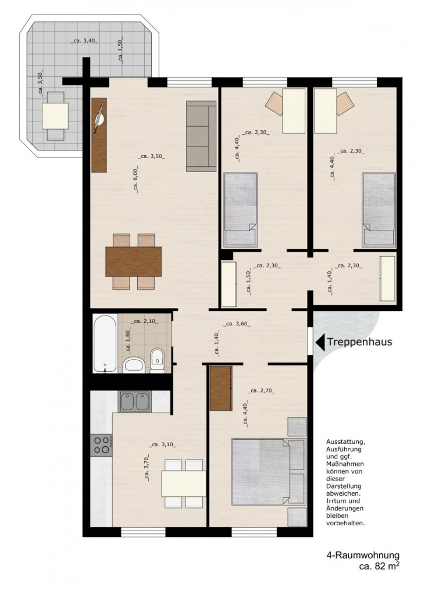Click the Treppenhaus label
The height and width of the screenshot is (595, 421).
359,342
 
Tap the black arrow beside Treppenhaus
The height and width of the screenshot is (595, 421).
320,342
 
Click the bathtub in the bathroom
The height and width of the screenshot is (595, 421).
105,343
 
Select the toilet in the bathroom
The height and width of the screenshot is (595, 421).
157,360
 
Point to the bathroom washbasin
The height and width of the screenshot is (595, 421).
134,365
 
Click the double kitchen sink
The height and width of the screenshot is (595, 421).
135,402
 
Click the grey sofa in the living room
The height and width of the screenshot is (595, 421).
201,136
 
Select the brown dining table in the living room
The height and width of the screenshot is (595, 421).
134,261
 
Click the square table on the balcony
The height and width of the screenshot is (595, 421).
55,116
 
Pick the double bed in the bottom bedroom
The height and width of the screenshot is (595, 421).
269,472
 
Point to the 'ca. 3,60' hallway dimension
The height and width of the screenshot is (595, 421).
237,324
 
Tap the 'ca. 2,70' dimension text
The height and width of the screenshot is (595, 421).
261,390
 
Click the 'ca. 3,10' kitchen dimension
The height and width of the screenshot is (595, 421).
163,445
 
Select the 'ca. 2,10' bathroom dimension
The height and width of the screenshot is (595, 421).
145,321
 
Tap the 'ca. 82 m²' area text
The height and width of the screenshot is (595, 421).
379,566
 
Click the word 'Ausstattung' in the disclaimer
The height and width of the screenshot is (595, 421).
345,442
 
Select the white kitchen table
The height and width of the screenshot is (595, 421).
184,483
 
